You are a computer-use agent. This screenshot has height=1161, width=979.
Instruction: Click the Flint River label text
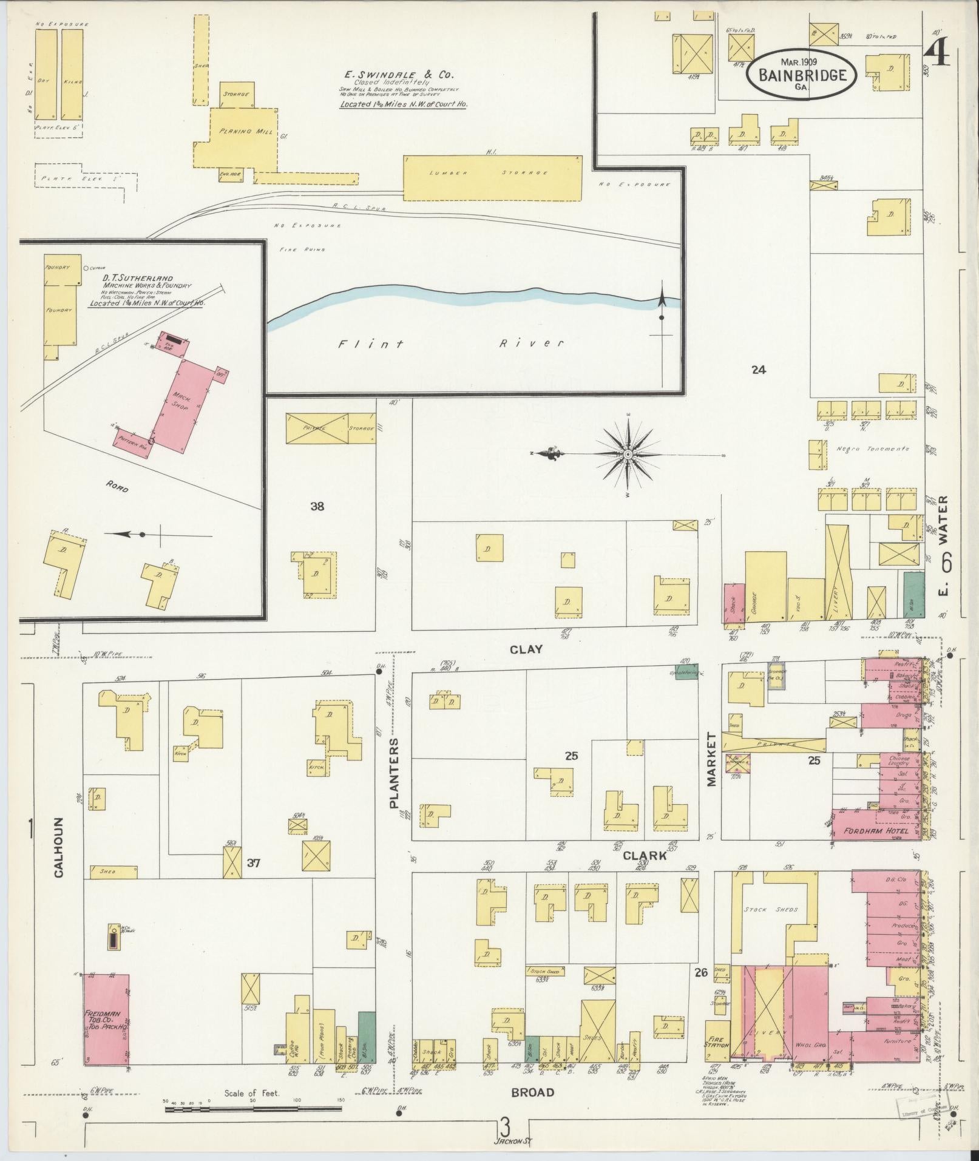[450, 344]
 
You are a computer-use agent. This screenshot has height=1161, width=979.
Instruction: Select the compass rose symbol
[628, 454]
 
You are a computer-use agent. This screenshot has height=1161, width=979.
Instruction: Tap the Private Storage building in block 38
[331, 428]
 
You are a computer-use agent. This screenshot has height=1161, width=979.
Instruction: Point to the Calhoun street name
[59, 855]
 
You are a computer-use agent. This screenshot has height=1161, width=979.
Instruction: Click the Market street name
[711, 759]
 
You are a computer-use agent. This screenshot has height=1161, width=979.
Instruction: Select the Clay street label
[526, 649]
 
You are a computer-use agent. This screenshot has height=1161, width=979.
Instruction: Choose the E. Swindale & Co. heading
[399, 75]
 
